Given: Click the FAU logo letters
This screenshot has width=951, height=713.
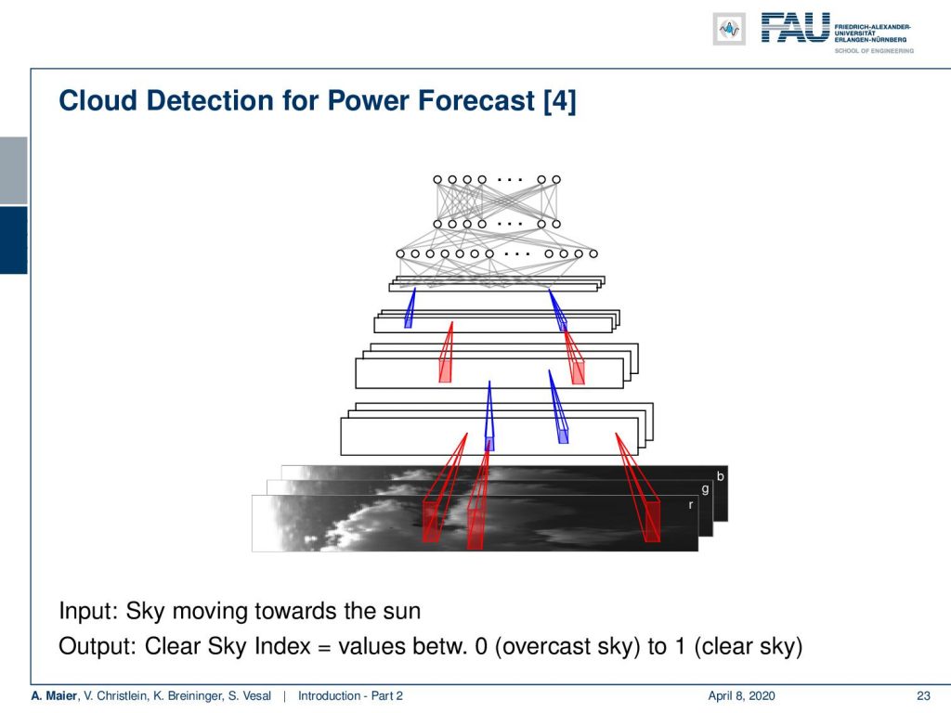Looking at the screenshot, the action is [x=795, y=28].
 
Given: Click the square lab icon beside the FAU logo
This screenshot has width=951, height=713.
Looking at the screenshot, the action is [x=729, y=29].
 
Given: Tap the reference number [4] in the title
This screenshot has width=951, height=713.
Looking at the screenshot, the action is [x=560, y=101].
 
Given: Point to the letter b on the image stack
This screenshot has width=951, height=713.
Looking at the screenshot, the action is [x=720, y=476].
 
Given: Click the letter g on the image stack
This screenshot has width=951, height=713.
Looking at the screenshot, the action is [x=705, y=490].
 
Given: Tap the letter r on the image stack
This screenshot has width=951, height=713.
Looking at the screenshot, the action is [x=691, y=504].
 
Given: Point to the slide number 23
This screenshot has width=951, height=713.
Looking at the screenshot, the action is [x=923, y=696].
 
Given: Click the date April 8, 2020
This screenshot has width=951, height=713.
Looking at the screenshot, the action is [x=741, y=696].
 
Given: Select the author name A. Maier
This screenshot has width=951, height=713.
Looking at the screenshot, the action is [x=55, y=696].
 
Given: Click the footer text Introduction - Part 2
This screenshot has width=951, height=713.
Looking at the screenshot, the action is [x=350, y=696].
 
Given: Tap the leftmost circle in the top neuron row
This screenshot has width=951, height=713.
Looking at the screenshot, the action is [x=437, y=179].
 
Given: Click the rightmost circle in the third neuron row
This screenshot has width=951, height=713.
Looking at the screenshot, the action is [x=593, y=253].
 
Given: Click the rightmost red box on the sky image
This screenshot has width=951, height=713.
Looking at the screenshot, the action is [x=652, y=522].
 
